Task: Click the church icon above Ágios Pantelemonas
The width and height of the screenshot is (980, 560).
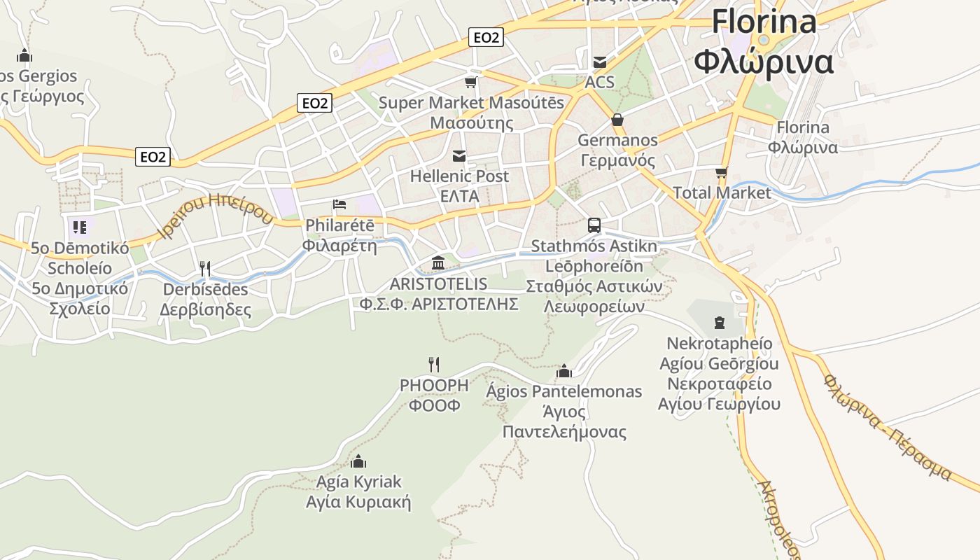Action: pos(564,370)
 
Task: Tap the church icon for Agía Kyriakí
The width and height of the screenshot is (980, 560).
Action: pos(358,461)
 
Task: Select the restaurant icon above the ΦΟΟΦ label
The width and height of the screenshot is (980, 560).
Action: pos(434,364)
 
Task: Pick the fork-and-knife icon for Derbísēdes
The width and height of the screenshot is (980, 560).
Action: pos(205,268)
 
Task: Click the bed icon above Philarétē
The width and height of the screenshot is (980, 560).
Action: pos(339,204)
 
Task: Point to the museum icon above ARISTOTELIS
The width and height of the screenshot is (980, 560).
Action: pos(439,262)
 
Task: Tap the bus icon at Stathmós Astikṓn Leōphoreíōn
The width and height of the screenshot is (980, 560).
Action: pos(594,225)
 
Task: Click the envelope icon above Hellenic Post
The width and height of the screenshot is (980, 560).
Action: pos(459,155)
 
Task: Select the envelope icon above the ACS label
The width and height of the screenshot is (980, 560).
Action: pos(600,62)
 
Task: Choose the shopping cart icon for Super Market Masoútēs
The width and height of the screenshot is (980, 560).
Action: pos(471,82)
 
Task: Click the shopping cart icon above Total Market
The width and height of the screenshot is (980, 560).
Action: pos(721,172)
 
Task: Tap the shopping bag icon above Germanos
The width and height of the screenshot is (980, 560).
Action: pos(617,120)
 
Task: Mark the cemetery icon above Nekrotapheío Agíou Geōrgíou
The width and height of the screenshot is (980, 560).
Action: pos(719,323)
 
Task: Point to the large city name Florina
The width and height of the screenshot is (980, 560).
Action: pos(764,22)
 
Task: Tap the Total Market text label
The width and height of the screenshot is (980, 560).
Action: pos(722,192)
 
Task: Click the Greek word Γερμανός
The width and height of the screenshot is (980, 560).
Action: pos(617,160)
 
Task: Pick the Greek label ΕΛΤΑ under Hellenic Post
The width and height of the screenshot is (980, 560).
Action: pos(459,196)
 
